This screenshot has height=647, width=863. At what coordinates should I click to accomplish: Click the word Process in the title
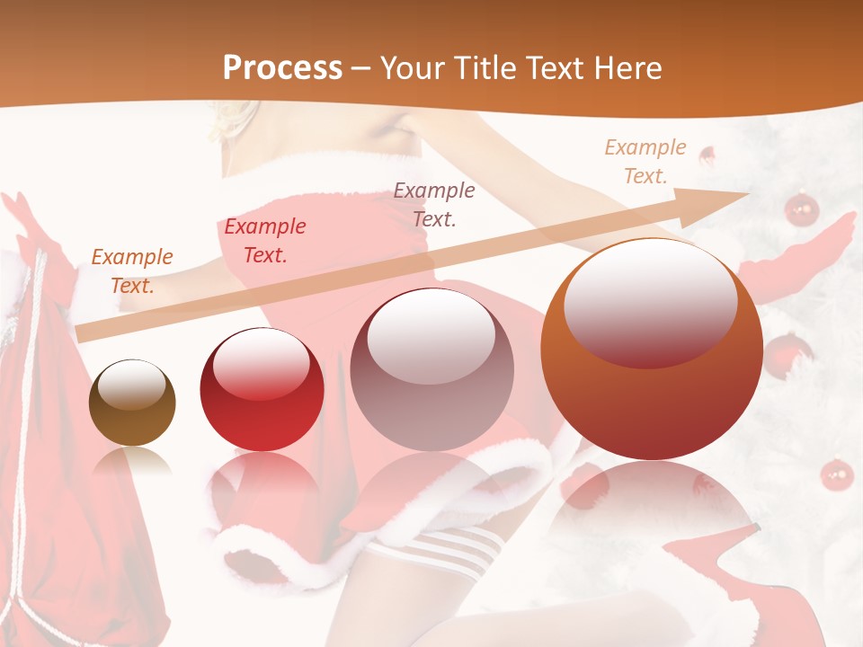tap(282, 68)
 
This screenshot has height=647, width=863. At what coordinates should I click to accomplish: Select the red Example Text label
tap(265, 240)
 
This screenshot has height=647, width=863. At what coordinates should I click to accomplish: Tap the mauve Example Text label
tap(434, 204)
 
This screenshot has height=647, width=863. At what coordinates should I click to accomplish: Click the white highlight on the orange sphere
tap(650, 301)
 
